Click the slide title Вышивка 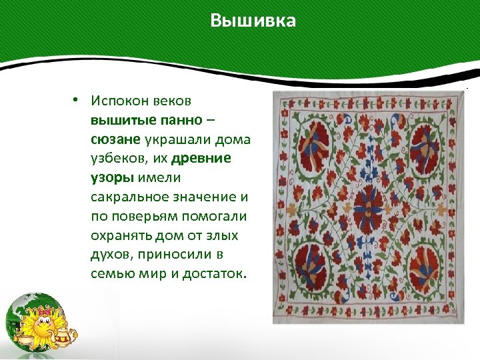click(x=253, y=21)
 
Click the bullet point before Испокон click(x=77, y=100)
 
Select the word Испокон click(x=122, y=101)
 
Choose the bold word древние click(x=201, y=159)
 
